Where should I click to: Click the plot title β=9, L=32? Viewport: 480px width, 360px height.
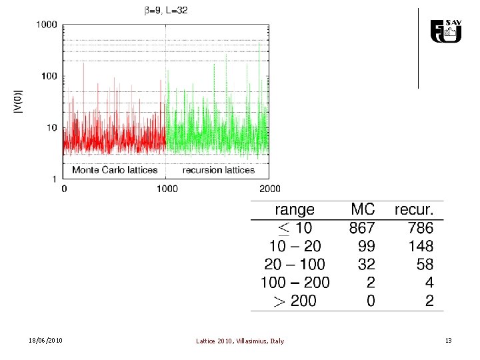pos(166,11)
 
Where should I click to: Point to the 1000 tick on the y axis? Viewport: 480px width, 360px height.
pos(47,25)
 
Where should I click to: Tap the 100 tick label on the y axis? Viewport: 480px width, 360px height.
pos(49,76)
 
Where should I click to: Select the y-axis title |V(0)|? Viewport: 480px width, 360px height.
pos(19,101)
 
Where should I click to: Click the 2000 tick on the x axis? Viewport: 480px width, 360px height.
pos(270,189)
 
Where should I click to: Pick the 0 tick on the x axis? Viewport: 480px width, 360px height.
pos(64,189)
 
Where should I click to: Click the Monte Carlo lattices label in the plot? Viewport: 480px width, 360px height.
pos(115,170)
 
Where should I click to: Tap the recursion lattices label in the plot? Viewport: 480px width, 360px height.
pos(219,170)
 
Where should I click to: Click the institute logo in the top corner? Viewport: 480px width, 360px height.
pos(446,31)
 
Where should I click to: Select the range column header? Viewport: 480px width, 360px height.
pos(295,210)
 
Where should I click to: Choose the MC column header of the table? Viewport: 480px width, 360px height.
pos(363,209)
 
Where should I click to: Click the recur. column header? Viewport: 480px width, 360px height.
pos(414,209)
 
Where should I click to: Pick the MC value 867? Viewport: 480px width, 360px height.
pos(362,228)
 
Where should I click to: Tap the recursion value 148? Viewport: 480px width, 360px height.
pos(421,246)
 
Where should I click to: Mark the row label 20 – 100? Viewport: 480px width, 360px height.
pos(295,264)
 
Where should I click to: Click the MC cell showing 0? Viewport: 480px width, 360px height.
pos(371,301)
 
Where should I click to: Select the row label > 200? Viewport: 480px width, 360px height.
pos(295,301)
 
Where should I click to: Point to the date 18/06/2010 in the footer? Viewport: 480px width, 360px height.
pos(45,341)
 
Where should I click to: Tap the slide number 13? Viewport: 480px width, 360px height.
pos(449,341)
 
